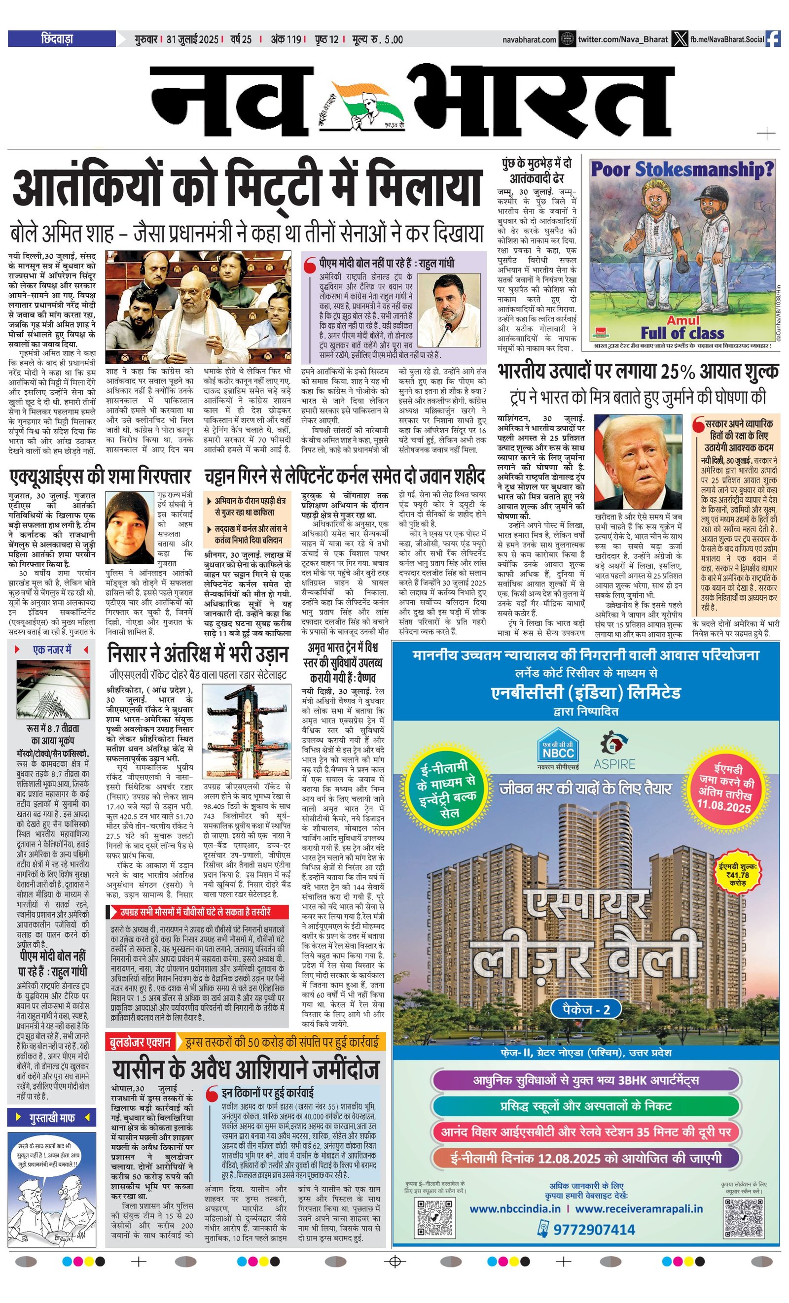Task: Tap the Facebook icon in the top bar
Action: (773, 38)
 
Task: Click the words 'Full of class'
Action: (682, 333)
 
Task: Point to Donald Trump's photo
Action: (638, 461)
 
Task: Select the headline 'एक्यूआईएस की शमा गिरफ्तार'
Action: (101, 477)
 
